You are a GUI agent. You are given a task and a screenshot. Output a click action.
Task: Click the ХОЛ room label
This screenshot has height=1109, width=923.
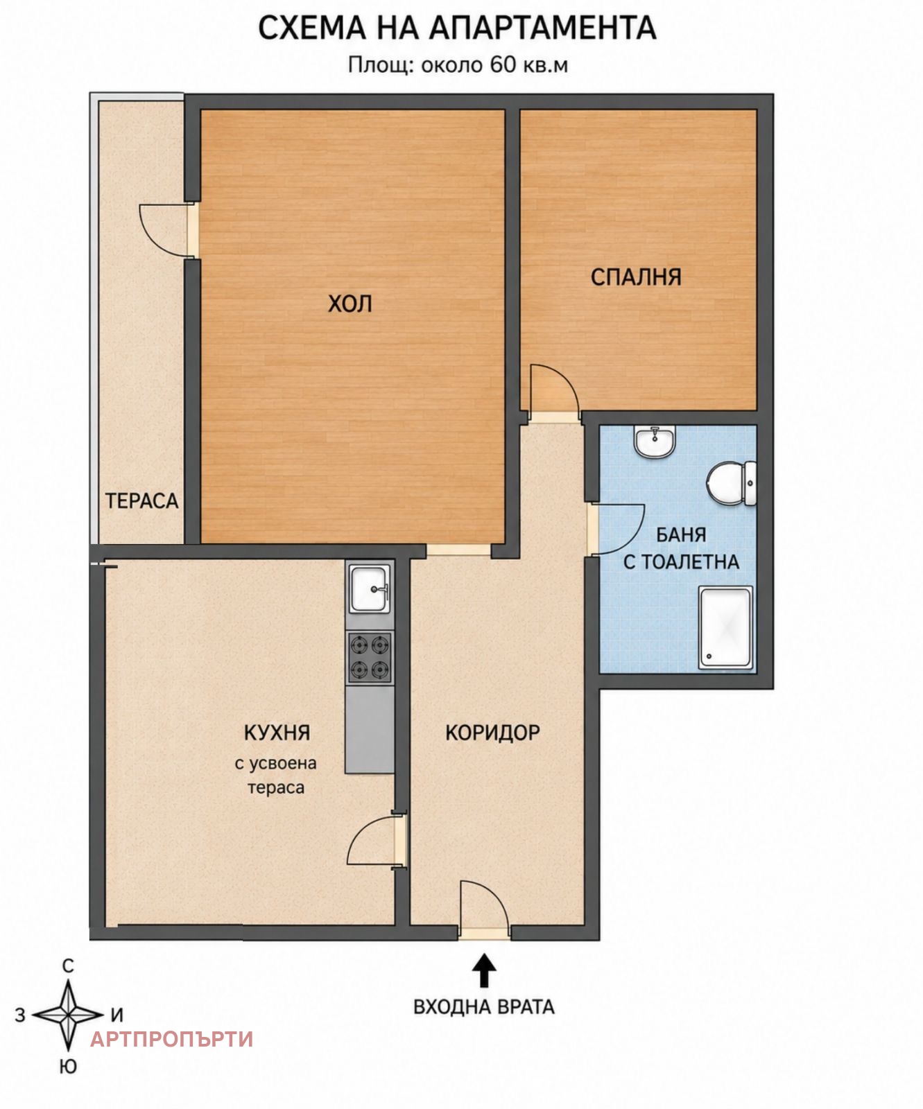(350, 304)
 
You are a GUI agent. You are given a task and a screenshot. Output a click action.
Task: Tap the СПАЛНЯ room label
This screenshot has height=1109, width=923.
(636, 277)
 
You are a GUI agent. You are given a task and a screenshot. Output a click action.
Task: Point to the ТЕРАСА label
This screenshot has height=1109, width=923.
(141, 500)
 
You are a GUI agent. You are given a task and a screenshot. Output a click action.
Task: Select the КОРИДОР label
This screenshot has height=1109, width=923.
(492, 733)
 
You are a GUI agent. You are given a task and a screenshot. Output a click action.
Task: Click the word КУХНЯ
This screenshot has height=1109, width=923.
(277, 732)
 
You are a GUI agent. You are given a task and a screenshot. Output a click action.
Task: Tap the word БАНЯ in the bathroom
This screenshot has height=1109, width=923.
(681, 535)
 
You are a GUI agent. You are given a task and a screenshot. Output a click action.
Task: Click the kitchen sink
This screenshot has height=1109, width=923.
(370, 588)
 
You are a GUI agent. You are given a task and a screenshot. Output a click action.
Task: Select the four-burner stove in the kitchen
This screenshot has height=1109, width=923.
(370, 657)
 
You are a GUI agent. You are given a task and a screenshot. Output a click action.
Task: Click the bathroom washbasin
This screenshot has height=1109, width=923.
(654, 442)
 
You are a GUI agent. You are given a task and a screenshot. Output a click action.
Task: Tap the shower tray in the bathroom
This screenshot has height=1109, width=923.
(725, 628)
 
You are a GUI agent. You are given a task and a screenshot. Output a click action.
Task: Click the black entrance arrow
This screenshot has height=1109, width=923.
(484, 970)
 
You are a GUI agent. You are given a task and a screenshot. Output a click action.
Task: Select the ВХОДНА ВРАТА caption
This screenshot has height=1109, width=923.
(484, 1006)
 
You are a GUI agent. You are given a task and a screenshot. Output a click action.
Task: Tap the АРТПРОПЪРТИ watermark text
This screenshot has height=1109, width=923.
(172, 1039)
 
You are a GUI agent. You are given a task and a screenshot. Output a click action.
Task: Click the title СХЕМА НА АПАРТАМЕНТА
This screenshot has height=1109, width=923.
(457, 28)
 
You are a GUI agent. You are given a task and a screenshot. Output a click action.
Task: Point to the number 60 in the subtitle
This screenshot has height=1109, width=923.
(503, 64)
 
